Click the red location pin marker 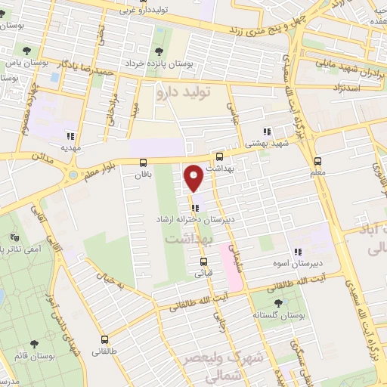(194, 178)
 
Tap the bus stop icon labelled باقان (143, 163)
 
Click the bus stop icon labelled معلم (317, 162)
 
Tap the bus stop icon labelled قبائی (203, 262)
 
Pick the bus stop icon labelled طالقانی (104, 340)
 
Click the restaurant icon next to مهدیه (70, 137)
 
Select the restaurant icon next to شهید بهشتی (266, 132)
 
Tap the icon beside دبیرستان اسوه (298, 251)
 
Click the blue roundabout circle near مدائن (72, 175)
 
